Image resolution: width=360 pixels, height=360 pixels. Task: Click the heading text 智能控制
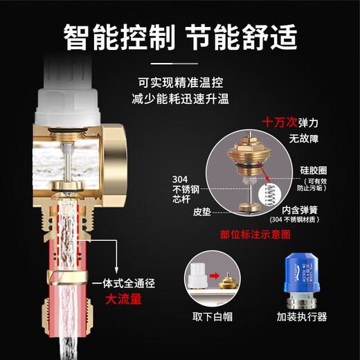click(118, 35)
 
